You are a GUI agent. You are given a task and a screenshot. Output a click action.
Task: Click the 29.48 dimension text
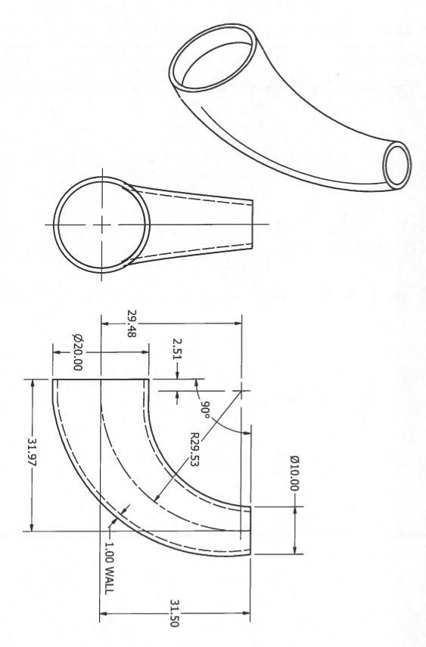(x=131, y=324)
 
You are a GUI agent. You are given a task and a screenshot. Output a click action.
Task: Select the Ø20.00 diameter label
(x=77, y=352)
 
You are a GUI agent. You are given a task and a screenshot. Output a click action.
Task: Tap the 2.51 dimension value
(x=177, y=349)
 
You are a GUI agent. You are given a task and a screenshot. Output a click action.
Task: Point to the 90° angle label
(x=204, y=409)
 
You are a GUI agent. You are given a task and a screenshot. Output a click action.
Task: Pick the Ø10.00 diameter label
(x=294, y=473)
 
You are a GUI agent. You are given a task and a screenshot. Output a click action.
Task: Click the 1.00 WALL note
(x=108, y=568)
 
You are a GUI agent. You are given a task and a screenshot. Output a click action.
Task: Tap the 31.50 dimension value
(x=174, y=614)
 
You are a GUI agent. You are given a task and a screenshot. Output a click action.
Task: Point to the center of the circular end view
(x=101, y=224)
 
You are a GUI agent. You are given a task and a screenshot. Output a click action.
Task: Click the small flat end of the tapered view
(x=252, y=225)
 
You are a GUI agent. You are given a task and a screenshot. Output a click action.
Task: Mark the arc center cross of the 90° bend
(x=241, y=391)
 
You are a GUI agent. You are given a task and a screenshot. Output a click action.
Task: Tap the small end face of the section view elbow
(x=250, y=531)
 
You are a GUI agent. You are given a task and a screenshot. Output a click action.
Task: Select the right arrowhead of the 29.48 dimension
(x=238, y=323)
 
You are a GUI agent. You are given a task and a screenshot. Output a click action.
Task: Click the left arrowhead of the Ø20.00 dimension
(x=57, y=352)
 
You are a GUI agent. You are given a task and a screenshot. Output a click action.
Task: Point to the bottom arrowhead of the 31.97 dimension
(x=32, y=527)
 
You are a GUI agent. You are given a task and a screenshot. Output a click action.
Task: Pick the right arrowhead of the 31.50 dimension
(x=245, y=614)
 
